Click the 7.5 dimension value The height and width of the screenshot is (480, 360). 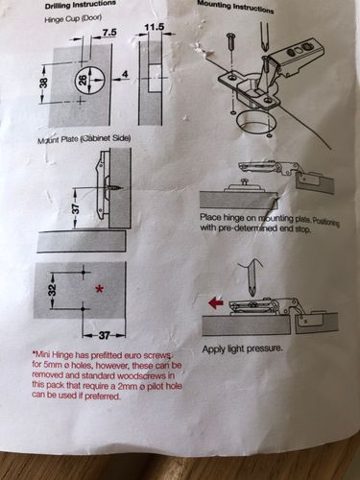pos(109,34)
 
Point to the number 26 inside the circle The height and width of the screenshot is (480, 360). pos(84,80)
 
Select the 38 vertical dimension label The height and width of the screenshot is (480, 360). pos(44,84)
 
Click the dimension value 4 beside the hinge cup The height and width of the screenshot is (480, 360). pos(126,74)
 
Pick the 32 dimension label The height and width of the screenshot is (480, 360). pos(53,290)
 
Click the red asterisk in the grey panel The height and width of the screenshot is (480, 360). pos(100,290)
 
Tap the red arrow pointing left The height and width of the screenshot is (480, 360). pos(216,302)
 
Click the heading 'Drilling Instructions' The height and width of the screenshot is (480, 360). pos(81,5)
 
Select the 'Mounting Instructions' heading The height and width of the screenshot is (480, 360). pos(235,7)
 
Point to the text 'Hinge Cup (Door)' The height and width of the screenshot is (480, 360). pos(73,18)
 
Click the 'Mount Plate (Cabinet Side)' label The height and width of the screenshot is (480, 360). pos(84,139)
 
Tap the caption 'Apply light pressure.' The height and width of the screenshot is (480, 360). pos(243,348)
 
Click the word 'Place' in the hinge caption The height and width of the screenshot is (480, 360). pos(209,217)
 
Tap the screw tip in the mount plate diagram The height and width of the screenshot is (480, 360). pos(123,187)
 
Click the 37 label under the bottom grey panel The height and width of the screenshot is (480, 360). pos(104,335)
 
